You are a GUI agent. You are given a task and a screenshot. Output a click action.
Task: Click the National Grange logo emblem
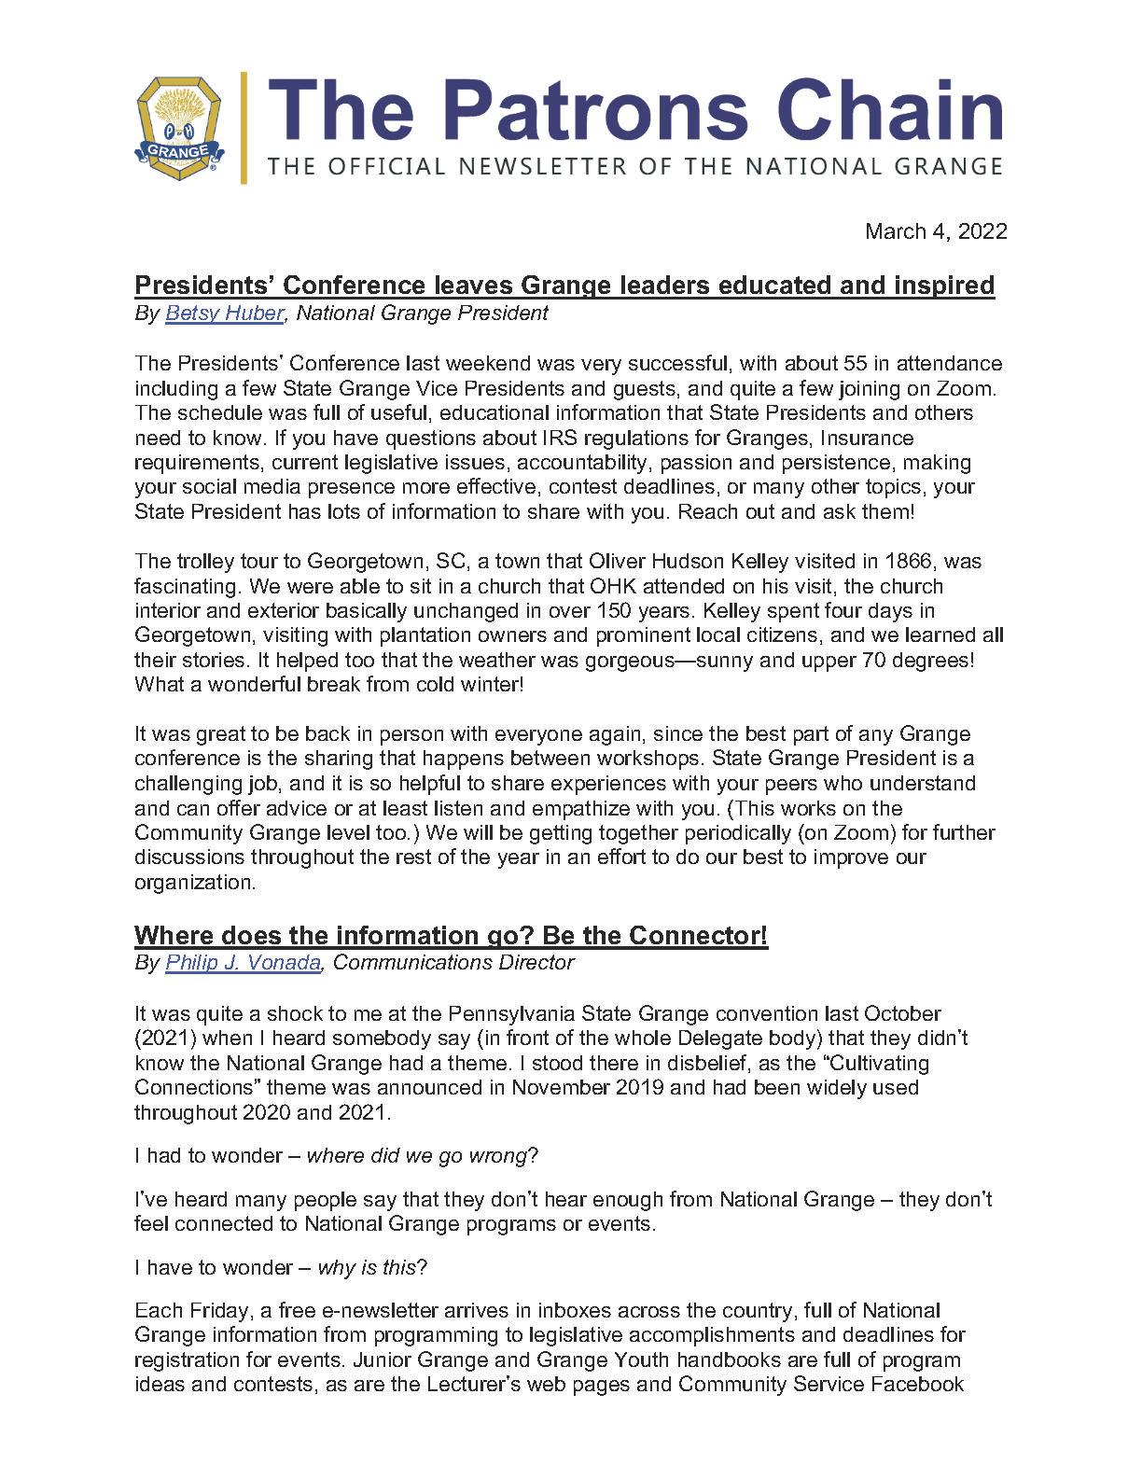(179, 128)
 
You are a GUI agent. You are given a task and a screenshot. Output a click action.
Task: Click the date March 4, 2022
(936, 231)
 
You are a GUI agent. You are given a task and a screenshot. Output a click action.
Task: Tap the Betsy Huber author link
(224, 314)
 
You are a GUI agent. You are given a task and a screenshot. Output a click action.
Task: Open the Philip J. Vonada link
(244, 963)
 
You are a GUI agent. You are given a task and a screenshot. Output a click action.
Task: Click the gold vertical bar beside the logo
(244, 128)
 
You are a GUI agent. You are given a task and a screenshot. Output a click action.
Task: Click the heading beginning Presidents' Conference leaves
(564, 285)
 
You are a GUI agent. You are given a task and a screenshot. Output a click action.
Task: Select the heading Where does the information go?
(451, 935)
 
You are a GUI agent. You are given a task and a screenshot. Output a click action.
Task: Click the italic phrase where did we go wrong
(417, 1156)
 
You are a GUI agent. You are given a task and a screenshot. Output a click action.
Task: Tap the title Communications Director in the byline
(453, 963)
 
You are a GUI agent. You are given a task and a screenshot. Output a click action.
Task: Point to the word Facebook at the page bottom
(917, 1385)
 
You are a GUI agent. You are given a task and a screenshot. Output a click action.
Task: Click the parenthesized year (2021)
(166, 1039)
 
